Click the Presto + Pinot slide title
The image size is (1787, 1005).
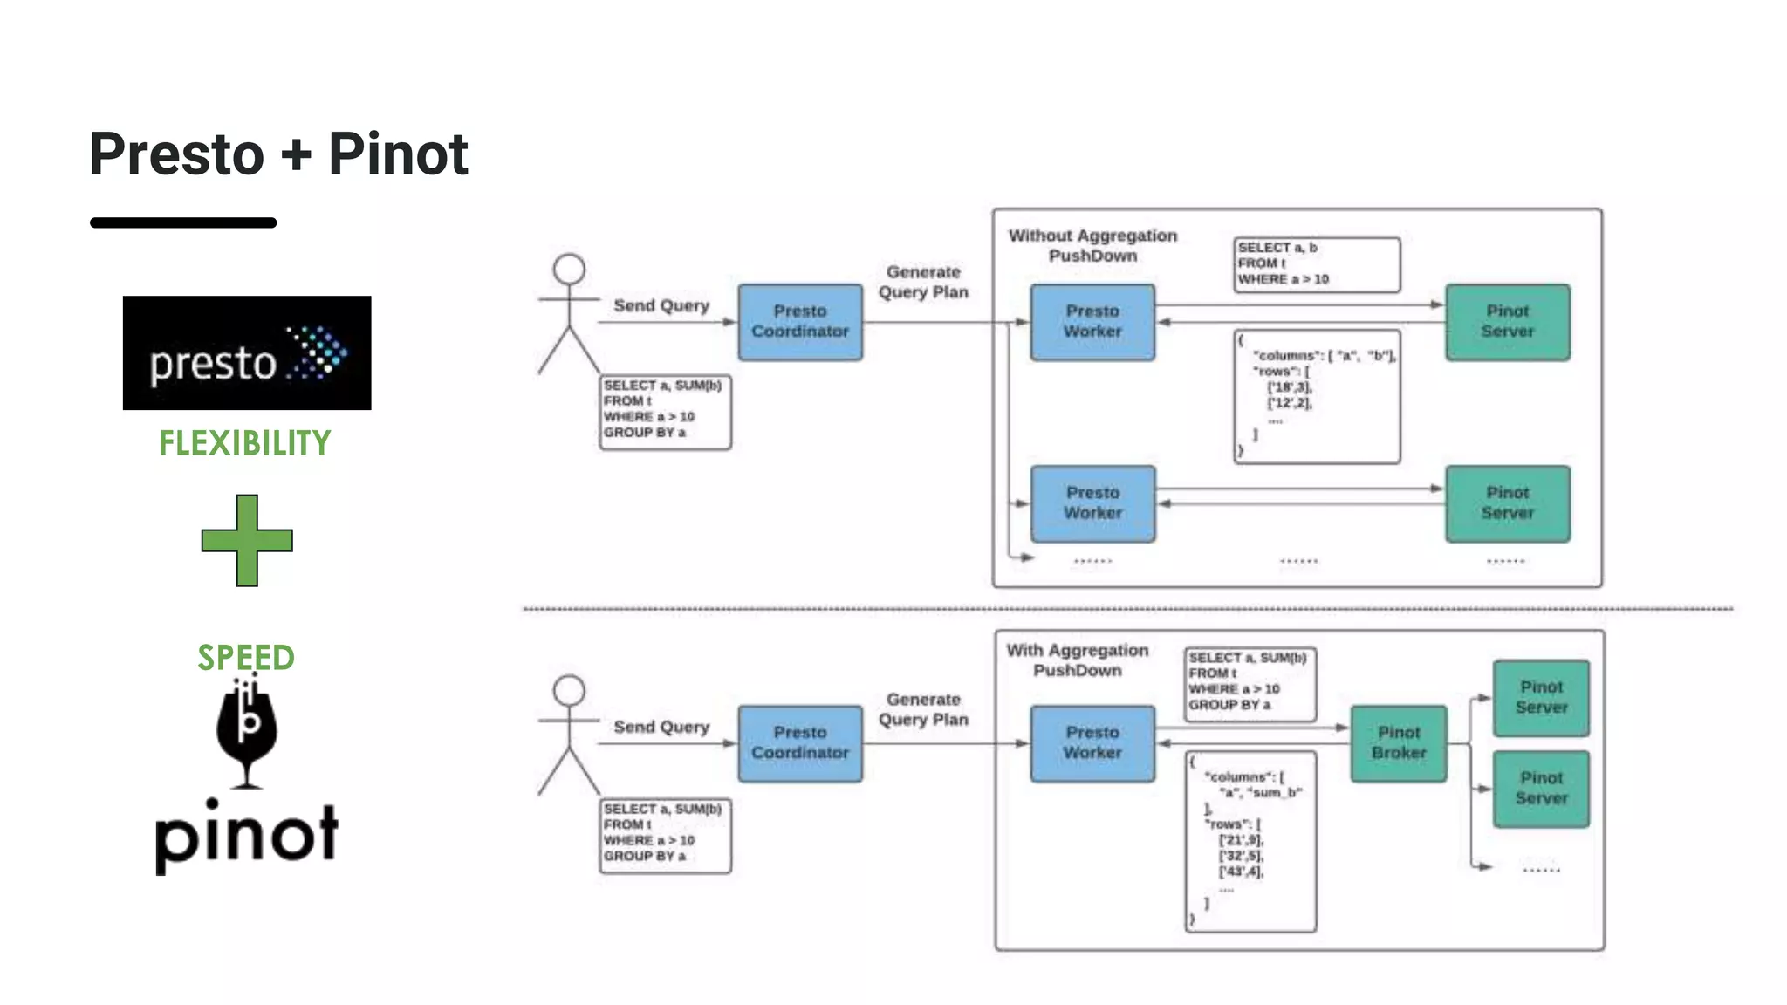[x=278, y=154]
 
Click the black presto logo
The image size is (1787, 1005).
[x=247, y=352]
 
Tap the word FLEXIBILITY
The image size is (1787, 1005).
[x=244, y=443]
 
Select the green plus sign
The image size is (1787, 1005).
[x=247, y=540]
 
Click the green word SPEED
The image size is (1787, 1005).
[x=246, y=657]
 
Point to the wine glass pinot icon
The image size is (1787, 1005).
[x=247, y=732]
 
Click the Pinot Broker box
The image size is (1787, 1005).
[x=1398, y=743]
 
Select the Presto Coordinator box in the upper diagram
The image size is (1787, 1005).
[x=799, y=322]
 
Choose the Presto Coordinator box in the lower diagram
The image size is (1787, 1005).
[x=799, y=743]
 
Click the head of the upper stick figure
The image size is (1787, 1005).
[x=569, y=269]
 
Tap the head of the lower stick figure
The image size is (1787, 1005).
[x=569, y=690]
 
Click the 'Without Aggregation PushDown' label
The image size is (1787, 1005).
[x=1092, y=245]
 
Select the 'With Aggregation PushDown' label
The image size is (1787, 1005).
[x=1077, y=660]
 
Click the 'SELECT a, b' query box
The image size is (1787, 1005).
[x=1316, y=264]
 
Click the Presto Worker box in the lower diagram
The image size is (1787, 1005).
[x=1092, y=743]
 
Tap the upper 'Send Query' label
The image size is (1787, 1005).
[x=661, y=305]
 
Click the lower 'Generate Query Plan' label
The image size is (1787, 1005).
[x=923, y=709]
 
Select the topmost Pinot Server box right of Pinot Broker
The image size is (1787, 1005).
[x=1540, y=698]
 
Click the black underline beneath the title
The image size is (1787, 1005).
[x=183, y=223]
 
